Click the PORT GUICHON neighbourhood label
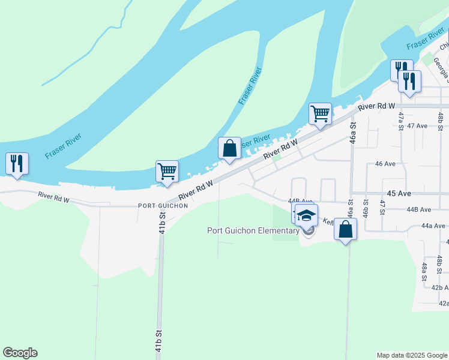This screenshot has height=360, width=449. coord(163,206)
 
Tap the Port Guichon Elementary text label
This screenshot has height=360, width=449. coord(253,230)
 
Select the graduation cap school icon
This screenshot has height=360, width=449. coord(307,214)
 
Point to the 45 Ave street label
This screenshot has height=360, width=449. coord(399,194)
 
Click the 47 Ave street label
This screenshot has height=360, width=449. coord(417,126)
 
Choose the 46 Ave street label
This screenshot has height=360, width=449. coord(385,164)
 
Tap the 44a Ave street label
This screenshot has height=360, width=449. coord(433,226)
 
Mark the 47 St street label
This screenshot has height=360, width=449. coord(382,206)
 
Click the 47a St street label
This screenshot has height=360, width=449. coord(401,119)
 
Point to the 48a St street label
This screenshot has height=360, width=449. coord(424,271)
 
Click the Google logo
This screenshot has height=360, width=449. coord(20,353)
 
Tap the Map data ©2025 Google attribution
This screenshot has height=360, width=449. coord(412,355)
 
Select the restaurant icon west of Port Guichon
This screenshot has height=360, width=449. coord(16,164)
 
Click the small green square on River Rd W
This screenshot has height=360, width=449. coord(276,158)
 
